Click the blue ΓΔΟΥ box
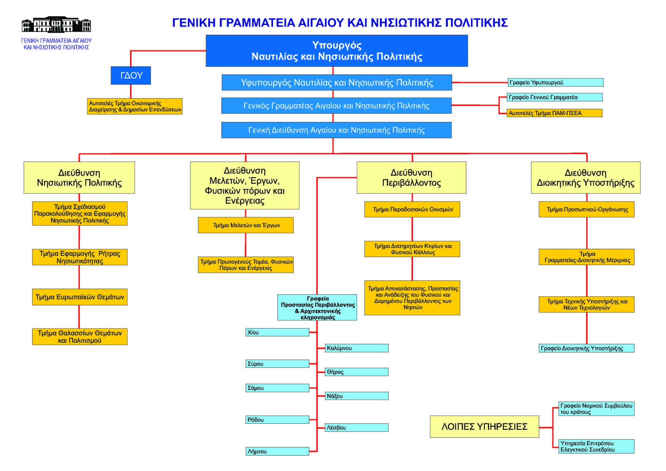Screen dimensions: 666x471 pos(131,75)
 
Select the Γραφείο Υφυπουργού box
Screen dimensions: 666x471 pos(555,82)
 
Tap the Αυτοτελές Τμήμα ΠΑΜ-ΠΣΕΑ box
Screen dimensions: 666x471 pos(554,113)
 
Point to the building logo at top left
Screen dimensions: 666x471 pos(56,24)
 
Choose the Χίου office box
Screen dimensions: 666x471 pos(277,332)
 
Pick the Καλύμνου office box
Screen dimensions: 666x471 pos(356,348)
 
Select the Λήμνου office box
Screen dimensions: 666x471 pos(277,451)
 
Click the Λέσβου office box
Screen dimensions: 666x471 pos(356,428)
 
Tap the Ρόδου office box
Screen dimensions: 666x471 pos(277,420)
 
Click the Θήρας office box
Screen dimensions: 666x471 pos(356,372)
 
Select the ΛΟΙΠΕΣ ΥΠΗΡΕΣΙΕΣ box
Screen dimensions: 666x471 pos(484,427)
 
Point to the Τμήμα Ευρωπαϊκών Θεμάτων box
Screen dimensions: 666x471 pos(80,297)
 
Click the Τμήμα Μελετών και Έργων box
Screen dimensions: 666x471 pos(246,225)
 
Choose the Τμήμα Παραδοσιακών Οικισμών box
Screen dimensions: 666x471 pos(412,209)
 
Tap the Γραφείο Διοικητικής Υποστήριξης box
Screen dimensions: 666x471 pos(586,348)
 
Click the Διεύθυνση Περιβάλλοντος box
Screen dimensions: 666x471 pos(411,178)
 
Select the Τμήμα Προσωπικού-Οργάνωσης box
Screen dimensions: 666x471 pos(586,209)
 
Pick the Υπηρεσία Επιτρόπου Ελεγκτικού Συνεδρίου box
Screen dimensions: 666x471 pos(596,446)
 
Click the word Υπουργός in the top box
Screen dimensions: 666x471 pos(337,45)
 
